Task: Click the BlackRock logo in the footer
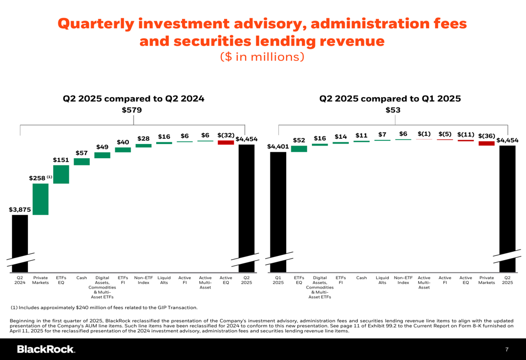point(46,349)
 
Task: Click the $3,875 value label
point(20,209)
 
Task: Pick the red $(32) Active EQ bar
point(226,142)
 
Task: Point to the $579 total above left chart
point(132,110)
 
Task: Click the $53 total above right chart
point(393,110)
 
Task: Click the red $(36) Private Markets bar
point(487,143)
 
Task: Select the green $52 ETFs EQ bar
point(299,149)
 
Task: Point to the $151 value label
point(61,160)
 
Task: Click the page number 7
point(507,349)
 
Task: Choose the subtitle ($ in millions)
point(262,56)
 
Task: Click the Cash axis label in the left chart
point(82,278)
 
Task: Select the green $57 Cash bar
point(82,162)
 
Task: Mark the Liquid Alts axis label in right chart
point(382,280)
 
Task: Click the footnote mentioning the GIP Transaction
point(104,307)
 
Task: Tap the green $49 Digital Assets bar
point(102,155)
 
